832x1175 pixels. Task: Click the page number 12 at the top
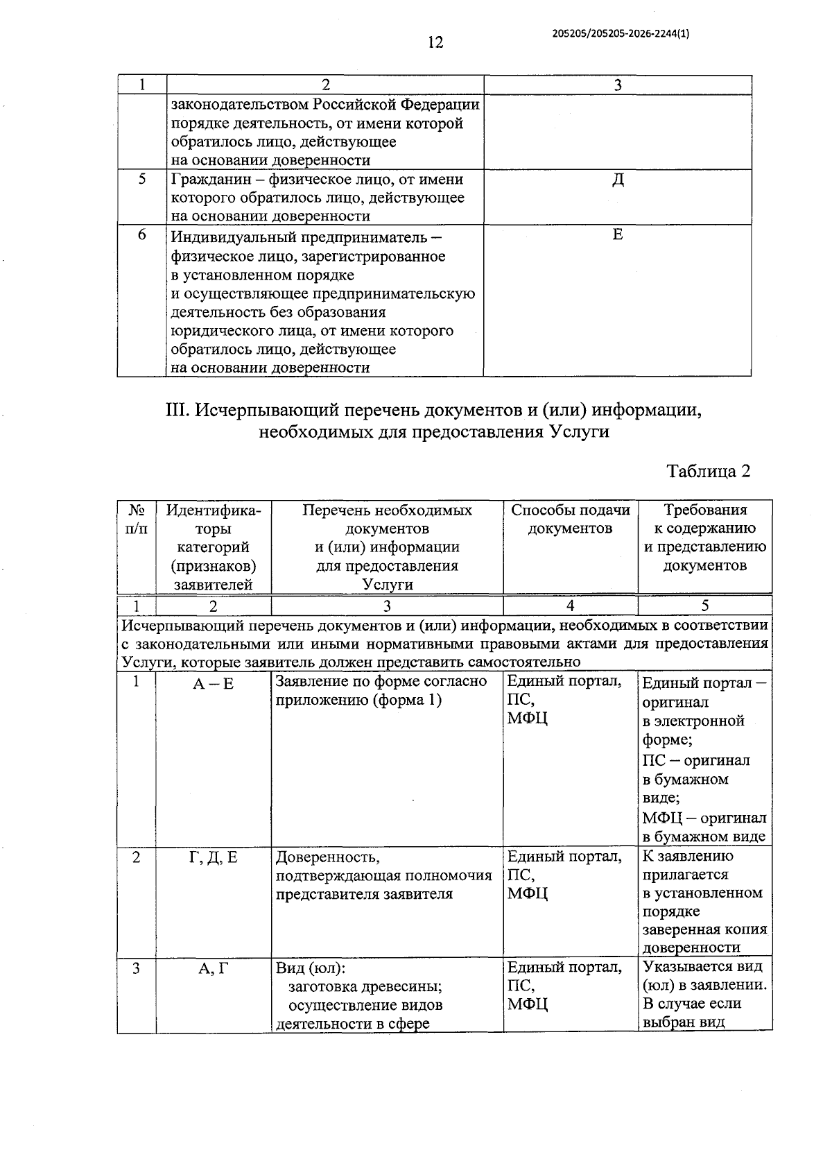435,43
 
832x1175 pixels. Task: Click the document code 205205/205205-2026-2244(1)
621,33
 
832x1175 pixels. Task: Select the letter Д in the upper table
618,180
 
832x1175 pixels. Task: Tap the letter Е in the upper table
618,235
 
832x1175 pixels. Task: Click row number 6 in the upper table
141,234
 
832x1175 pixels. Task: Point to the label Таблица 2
708,471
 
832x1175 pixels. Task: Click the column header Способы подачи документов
570,520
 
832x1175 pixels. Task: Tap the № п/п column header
137,520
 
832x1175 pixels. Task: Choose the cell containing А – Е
213,684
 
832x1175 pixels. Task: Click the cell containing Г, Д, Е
213,858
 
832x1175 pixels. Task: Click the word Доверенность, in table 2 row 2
327,858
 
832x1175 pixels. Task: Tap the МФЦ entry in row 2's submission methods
527,893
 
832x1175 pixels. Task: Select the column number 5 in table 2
704,606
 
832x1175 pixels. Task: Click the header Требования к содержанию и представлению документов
704,538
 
